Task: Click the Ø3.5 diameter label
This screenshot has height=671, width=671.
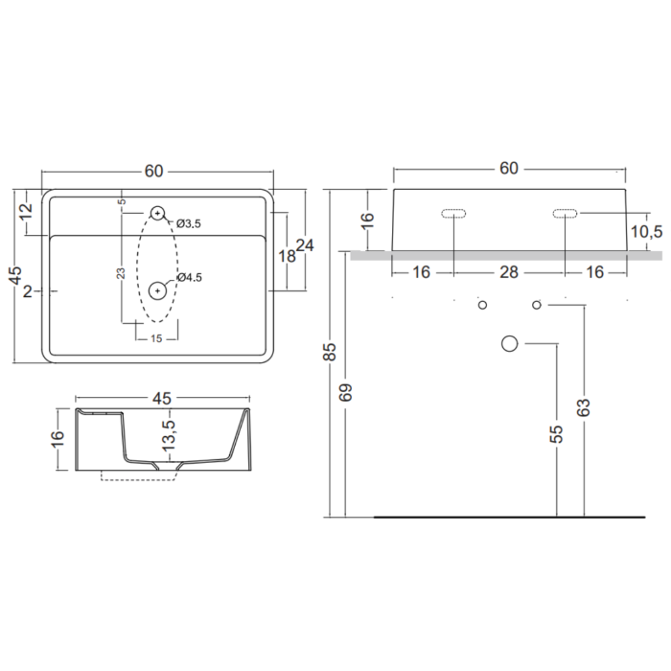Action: click(188, 223)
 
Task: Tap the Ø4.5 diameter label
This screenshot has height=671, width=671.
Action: click(189, 277)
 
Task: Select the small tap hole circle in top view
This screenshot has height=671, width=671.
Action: click(157, 212)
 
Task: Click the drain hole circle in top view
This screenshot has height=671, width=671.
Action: click(157, 291)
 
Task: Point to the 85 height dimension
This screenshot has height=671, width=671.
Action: click(331, 352)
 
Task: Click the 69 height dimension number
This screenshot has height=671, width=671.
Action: click(345, 392)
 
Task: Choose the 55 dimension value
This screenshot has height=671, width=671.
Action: click(557, 433)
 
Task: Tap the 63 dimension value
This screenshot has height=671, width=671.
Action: click(584, 407)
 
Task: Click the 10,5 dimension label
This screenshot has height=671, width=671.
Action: click(647, 232)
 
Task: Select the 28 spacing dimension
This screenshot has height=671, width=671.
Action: click(509, 272)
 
